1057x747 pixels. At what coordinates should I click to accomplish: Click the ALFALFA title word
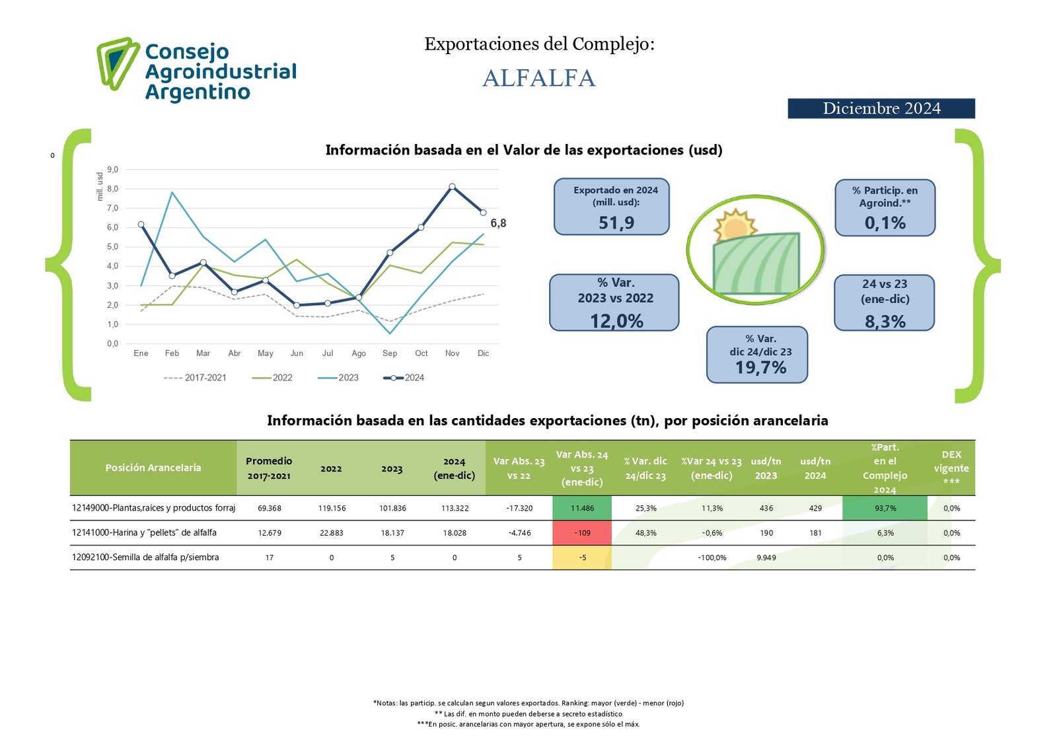tap(539, 78)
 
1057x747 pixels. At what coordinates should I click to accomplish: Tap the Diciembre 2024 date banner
tap(881, 108)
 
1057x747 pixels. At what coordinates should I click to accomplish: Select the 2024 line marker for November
tap(452, 187)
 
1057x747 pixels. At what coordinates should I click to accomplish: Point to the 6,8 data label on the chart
tap(498, 223)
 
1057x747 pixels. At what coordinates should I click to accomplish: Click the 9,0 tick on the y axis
tap(112, 170)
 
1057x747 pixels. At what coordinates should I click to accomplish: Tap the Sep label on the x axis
tap(390, 353)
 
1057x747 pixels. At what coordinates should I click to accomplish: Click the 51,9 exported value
tap(616, 223)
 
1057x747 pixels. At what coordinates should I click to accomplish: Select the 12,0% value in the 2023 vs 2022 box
tap(616, 321)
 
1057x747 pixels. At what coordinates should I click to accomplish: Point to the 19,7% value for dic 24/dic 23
tap(760, 368)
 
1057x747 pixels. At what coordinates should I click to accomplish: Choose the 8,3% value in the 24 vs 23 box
tap(885, 322)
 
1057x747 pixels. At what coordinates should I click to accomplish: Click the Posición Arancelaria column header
tap(153, 468)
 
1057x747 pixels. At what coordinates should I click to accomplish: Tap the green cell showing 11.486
tap(582, 509)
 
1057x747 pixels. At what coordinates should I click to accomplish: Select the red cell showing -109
tap(582, 533)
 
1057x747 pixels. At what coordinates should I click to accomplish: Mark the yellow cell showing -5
tap(582, 557)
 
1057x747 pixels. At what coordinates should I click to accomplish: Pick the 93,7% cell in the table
tap(885, 509)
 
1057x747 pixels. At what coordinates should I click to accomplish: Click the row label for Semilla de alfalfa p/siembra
tap(145, 557)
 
